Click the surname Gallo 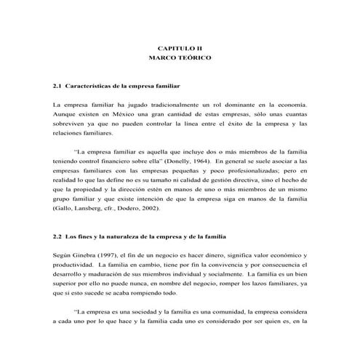(64, 209)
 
